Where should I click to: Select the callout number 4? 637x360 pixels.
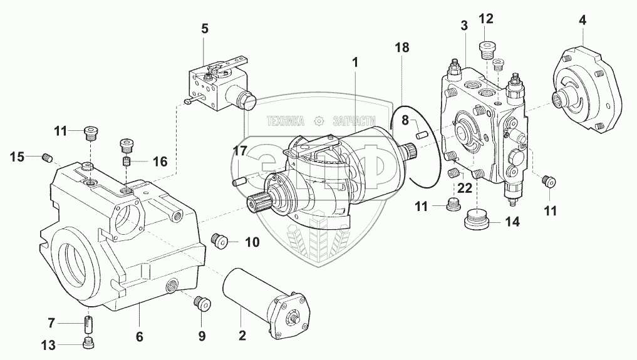point(583,19)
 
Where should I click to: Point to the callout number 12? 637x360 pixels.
point(487,19)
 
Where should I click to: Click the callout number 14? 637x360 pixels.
point(512,221)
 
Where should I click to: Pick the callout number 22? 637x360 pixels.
point(464,188)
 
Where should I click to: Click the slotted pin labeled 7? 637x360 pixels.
point(88,324)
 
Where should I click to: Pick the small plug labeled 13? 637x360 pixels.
point(88,343)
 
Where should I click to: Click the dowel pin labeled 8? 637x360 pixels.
point(422,133)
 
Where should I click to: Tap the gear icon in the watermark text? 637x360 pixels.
point(319,120)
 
